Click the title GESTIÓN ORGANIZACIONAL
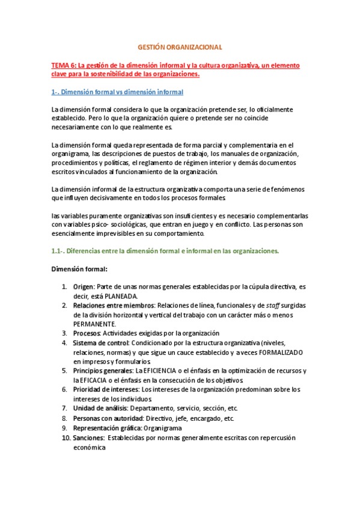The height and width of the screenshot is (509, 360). [180, 46]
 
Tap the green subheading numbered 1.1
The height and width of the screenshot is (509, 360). [165, 251]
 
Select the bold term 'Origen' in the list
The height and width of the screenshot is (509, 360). [84, 287]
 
